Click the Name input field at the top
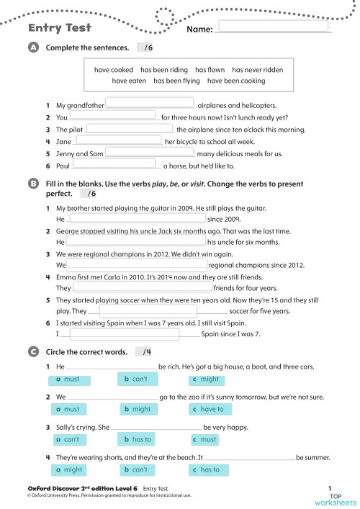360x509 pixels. pos(273,27)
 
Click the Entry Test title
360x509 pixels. pos(59,28)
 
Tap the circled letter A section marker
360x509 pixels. pos(32,48)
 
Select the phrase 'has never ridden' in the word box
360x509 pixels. pos(257,70)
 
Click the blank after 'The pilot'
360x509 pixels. pos(130,129)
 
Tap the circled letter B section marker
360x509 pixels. pos(32,184)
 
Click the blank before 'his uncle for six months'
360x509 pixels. pos(136,242)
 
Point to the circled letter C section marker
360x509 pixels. pos(32,352)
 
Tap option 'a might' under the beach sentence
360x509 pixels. pos(71,469)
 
